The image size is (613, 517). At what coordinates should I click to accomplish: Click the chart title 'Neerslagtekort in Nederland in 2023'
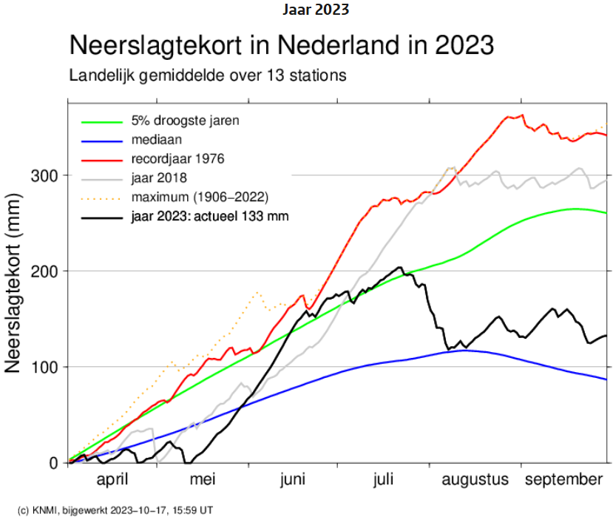(281, 45)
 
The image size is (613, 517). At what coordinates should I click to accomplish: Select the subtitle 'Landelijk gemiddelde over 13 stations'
(208, 75)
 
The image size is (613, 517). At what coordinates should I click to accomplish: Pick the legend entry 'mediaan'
(156, 138)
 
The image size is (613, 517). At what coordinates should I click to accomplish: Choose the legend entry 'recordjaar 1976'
(177, 158)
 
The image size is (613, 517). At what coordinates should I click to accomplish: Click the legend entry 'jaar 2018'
(158, 178)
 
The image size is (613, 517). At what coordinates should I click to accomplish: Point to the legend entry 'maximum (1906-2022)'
(199, 197)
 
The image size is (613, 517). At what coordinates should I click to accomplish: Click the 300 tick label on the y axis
(45, 175)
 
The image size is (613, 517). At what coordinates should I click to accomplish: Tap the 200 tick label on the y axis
(45, 271)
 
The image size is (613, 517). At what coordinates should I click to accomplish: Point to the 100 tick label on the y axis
(45, 367)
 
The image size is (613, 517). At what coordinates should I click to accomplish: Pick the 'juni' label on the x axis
(293, 480)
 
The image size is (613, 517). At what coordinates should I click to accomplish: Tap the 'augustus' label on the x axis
(475, 480)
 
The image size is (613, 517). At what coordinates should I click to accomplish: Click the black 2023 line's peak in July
(399, 267)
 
